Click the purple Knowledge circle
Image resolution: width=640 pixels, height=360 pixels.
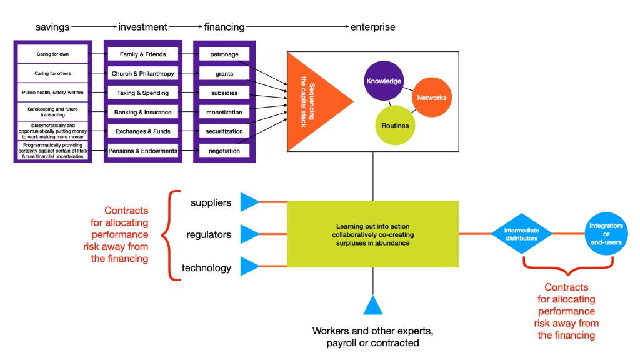pyautogui.click(x=384, y=81)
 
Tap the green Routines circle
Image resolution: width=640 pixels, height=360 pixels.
pyautogui.click(x=395, y=125)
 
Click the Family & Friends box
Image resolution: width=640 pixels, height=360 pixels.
pyautogui.click(x=142, y=54)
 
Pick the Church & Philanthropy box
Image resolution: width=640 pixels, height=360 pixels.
pyautogui.click(x=142, y=74)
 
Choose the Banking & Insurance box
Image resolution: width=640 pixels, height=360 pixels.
pyautogui.click(x=142, y=112)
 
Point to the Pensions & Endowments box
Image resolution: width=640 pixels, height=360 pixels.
pyautogui.click(x=142, y=151)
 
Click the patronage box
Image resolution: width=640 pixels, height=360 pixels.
pyautogui.click(x=224, y=54)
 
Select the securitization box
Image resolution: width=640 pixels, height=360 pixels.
pyautogui.click(x=224, y=131)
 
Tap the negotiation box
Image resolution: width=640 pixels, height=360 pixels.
pyautogui.click(x=224, y=151)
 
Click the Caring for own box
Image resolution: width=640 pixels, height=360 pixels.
pyautogui.click(x=52, y=54)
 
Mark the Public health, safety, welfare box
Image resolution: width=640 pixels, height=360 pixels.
pyautogui.click(x=52, y=93)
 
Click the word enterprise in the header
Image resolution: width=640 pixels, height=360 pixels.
pyautogui.click(x=372, y=27)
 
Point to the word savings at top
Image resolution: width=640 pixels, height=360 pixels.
pyautogui.click(x=52, y=27)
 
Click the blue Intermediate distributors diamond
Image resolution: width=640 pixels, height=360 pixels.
pyautogui.click(x=522, y=234)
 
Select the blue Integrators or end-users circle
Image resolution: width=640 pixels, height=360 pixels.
pyautogui.click(x=606, y=234)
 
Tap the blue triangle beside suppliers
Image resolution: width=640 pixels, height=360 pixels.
pyautogui.click(x=249, y=202)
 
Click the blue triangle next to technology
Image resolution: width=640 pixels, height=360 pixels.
pyautogui.click(x=249, y=267)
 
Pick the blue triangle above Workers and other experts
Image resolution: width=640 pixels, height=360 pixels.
pyautogui.click(x=373, y=306)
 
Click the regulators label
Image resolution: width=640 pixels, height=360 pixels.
pyautogui.click(x=209, y=235)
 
